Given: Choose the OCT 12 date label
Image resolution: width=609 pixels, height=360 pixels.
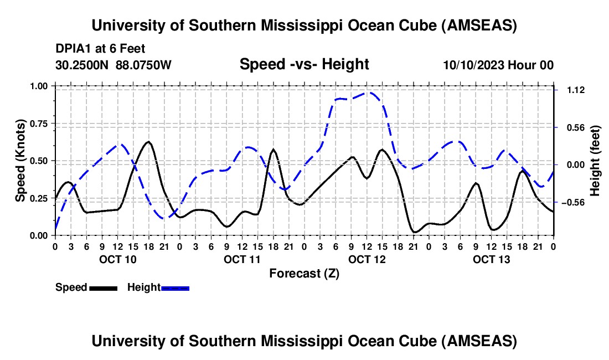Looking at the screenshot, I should [x=367, y=259].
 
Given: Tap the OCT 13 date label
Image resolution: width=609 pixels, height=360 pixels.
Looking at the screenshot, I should [x=491, y=259].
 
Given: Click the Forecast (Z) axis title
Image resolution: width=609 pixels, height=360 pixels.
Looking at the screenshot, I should [x=304, y=273].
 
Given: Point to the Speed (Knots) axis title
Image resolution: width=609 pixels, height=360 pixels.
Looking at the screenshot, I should [x=20, y=161].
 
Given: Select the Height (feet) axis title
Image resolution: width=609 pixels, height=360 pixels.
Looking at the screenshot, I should [x=595, y=161].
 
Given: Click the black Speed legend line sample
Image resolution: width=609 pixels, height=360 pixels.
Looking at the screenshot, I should [x=103, y=288].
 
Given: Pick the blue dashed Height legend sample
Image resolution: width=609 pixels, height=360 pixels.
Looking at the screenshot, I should [x=176, y=288].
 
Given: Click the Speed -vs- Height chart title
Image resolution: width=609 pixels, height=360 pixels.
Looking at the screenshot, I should [x=304, y=64].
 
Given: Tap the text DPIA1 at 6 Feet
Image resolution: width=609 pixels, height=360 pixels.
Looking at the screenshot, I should [x=100, y=49].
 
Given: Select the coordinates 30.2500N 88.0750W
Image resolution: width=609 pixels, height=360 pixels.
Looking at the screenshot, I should [x=113, y=65].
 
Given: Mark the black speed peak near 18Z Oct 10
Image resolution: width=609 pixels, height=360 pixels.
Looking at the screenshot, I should [x=148, y=142].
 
